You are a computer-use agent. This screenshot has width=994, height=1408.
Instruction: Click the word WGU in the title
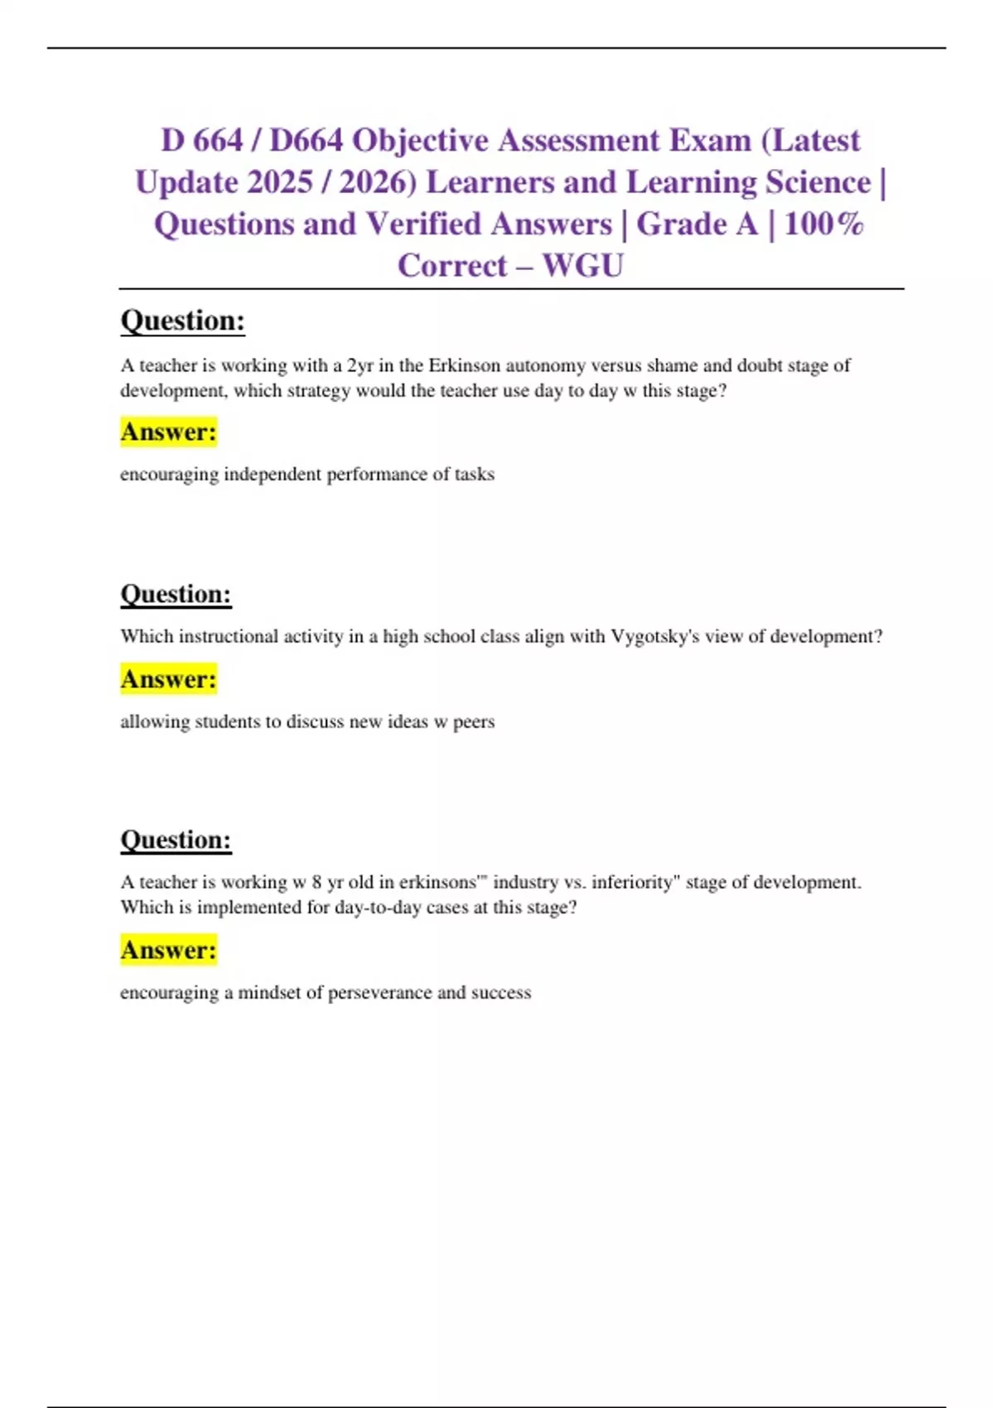tap(582, 266)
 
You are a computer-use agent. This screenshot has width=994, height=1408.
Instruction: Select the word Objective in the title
tap(420, 141)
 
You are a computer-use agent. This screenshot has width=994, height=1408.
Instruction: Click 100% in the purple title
tap(823, 224)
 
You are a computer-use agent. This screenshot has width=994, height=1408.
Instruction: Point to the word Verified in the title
tap(423, 224)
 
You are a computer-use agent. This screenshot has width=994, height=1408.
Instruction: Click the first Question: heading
tap(182, 321)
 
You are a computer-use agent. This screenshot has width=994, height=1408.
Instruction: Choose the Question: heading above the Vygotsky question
tap(176, 594)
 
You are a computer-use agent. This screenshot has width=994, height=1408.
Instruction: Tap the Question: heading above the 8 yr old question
tap(176, 840)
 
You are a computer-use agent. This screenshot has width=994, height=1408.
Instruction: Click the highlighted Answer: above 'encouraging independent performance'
tap(168, 432)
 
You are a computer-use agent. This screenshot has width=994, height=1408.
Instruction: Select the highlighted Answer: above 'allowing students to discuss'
tap(168, 679)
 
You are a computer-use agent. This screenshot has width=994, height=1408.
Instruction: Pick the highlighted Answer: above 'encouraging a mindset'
tap(168, 950)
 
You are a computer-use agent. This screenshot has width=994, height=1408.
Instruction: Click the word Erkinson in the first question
tap(464, 365)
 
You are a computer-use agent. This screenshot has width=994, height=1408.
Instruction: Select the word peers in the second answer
tap(474, 722)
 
